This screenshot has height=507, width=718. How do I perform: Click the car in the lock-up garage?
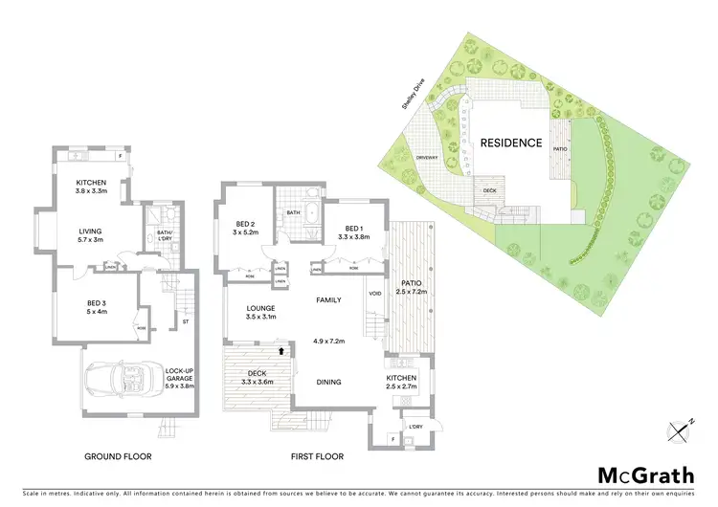click(118, 381)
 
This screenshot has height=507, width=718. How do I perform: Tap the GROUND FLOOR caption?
click(117, 456)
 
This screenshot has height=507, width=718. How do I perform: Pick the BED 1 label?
click(354, 232)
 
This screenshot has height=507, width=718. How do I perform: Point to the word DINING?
click(329, 382)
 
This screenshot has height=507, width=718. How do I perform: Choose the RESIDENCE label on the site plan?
click(511, 143)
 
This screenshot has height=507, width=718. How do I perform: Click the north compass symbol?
click(678, 430)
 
